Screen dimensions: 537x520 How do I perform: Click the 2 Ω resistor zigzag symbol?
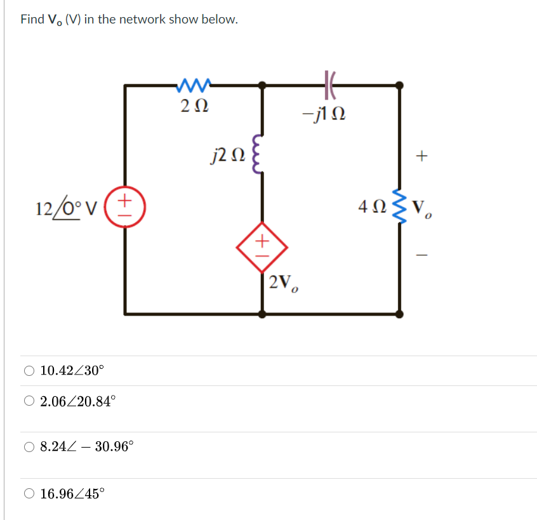pyautogui.click(x=195, y=83)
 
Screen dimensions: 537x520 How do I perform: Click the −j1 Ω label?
pyautogui.click(x=324, y=114)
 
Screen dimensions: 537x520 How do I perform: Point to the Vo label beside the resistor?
pyautogui.click(x=422, y=208)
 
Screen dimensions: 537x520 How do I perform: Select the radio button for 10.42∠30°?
pyautogui.click(x=29, y=371)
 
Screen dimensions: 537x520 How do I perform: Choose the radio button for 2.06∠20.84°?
pyautogui.click(x=29, y=401)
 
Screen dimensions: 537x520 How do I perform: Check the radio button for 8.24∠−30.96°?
pyautogui.click(x=29, y=446)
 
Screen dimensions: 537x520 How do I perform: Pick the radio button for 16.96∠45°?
pyautogui.click(x=29, y=493)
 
